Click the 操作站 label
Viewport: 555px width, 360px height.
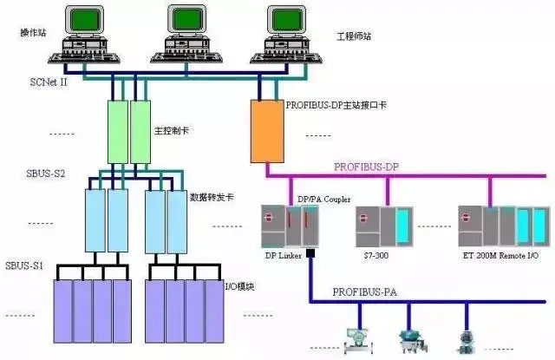click(x=34, y=32)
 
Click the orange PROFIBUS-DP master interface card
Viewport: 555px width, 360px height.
click(x=265, y=131)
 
